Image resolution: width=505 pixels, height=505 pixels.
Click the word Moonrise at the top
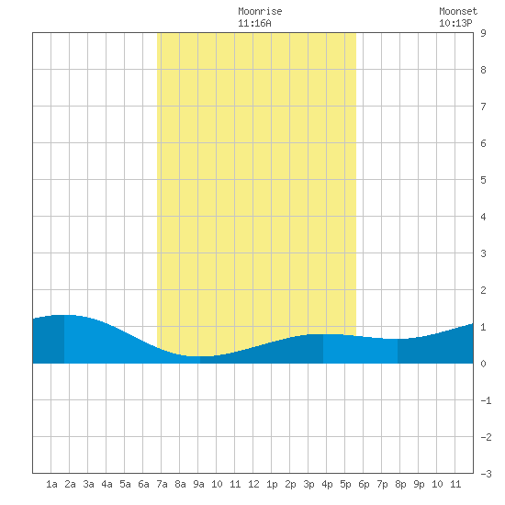pos(260,11)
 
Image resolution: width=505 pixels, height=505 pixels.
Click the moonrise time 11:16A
pos(254,23)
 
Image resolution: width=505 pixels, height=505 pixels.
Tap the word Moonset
pos(458,11)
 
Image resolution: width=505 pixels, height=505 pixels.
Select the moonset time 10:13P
pos(455,23)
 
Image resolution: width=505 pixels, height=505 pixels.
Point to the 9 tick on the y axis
pos(483,33)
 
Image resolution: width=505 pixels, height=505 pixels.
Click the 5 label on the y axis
pos(483,180)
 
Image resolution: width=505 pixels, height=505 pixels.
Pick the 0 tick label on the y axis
pos(483,364)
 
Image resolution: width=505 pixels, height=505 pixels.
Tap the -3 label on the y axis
pos(486,474)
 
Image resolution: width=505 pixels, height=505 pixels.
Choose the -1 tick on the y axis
pos(486,400)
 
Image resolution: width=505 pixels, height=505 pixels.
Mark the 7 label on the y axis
pos(483,107)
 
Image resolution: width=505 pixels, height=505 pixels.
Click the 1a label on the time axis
pos(51,484)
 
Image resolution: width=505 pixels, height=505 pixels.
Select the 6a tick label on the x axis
pos(143,484)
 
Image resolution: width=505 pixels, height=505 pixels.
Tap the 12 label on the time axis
pos(253,484)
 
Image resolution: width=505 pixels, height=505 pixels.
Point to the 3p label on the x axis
pos(309,484)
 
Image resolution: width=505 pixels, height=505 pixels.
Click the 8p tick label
pos(400,484)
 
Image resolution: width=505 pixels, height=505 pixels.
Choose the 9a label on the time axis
pos(198,484)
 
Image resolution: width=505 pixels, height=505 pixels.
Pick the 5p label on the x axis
pos(345,484)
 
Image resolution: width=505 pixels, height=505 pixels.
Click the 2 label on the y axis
pos(483,290)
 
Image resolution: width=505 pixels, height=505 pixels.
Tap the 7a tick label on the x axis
pos(162,484)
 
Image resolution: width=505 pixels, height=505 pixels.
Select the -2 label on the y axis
pos(486,437)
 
